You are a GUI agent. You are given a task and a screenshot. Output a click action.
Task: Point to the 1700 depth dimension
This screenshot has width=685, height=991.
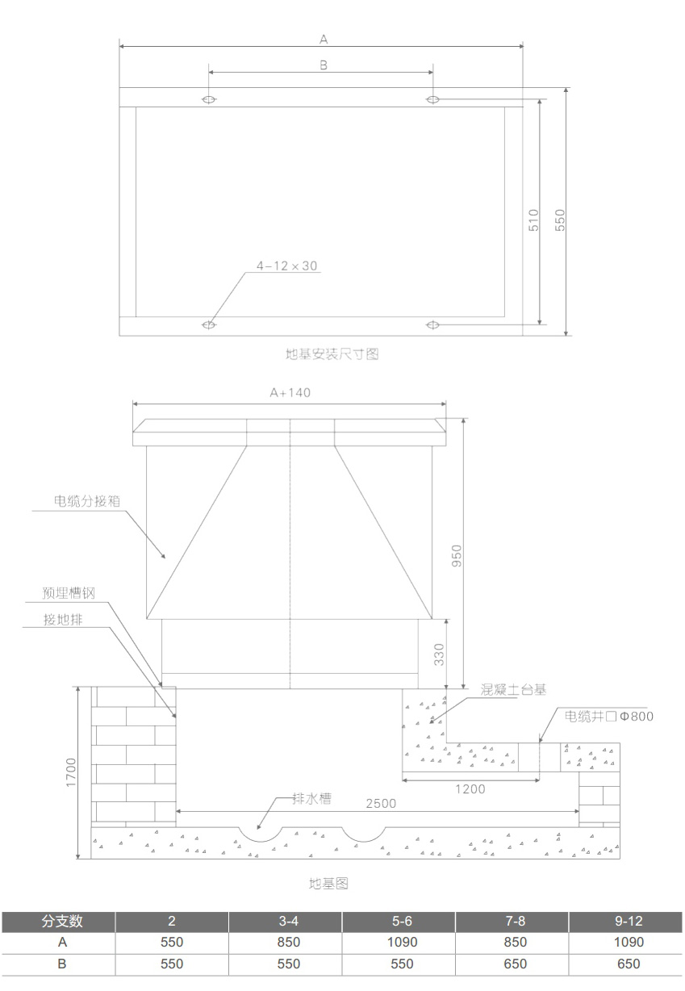pyautogui.click(x=71, y=773)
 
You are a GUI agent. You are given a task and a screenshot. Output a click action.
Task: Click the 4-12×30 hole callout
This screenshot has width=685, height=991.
pyautogui.click(x=287, y=265)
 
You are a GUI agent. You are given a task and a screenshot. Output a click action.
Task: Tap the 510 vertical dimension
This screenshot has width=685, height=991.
pyautogui.click(x=533, y=220)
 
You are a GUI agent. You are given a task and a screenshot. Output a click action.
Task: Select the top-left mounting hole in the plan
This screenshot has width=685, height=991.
pyautogui.click(x=209, y=99)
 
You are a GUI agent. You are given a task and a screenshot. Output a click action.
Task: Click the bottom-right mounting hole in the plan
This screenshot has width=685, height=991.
pyautogui.click(x=432, y=324)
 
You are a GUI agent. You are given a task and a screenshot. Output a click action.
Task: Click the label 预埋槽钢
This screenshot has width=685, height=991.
pyautogui.click(x=69, y=593)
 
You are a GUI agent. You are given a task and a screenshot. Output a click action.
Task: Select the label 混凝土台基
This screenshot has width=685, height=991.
pyautogui.click(x=513, y=690)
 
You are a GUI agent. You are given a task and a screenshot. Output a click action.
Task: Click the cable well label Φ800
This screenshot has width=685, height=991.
pyautogui.click(x=609, y=717)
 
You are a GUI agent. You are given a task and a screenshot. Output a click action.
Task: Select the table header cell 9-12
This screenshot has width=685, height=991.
pyautogui.click(x=628, y=921)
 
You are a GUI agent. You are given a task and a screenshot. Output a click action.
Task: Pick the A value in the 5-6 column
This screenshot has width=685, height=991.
pyautogui.click(x=402, y=942)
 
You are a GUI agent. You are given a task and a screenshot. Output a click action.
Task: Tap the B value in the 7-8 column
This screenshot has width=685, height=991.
pyautogui.click(x=515, y=964)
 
